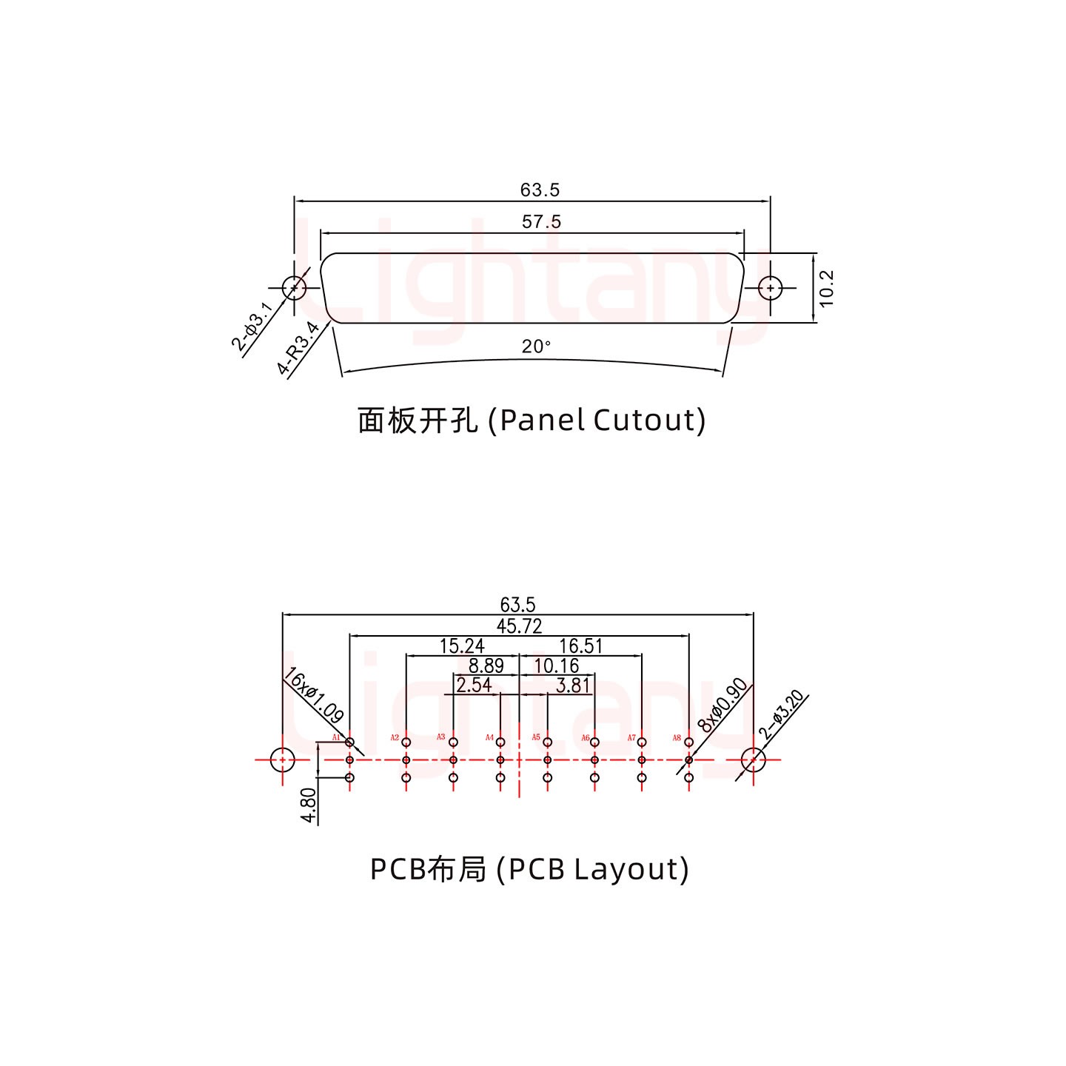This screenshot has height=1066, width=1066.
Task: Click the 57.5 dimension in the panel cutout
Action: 541,221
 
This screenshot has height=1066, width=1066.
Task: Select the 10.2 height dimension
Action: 827,288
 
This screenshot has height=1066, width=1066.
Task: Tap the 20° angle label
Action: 536,346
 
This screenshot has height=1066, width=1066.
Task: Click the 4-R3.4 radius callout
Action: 298,348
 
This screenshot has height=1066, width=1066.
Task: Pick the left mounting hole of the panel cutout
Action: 294,287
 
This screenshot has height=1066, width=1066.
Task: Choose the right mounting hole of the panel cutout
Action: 771,287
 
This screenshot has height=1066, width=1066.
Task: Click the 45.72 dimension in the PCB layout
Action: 519,626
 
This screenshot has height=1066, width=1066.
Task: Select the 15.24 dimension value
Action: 462,646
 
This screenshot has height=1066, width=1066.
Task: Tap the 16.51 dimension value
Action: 580,646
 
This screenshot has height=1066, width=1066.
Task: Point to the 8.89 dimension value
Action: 486,666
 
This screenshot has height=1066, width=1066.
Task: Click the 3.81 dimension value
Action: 572,685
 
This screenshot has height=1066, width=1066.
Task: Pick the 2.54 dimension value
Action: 474,685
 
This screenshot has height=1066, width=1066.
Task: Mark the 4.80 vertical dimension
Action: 309,805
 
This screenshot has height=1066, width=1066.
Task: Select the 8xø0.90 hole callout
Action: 723,704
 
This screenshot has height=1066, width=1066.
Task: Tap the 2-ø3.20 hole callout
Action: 782,714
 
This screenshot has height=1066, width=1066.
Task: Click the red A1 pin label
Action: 336,737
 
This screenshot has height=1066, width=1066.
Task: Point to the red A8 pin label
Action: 677,737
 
